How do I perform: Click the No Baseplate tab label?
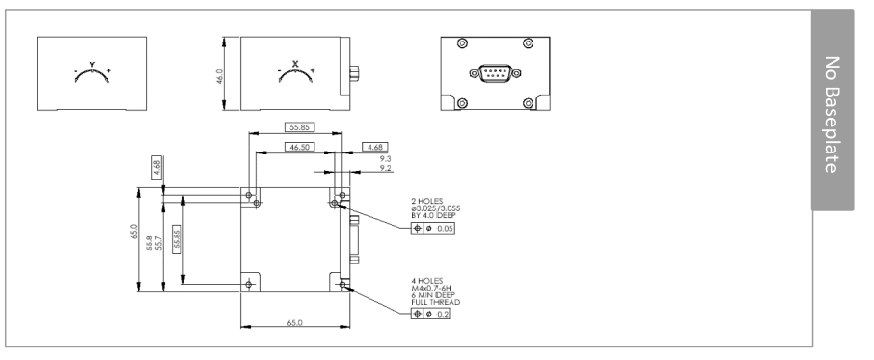(x=832, y=114)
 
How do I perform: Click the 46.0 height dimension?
(x=220, y=77)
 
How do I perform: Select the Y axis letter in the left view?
(x=92, y=64)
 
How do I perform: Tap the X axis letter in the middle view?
(x=295, y=64)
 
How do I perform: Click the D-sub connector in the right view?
(x=495, y=73)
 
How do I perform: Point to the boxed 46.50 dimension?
(x=299, y=147)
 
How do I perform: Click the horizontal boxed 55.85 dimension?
(x=299, y=127)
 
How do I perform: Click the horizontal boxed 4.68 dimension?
(x=375, y=147)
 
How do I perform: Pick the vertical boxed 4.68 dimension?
(x=156, y=168)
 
